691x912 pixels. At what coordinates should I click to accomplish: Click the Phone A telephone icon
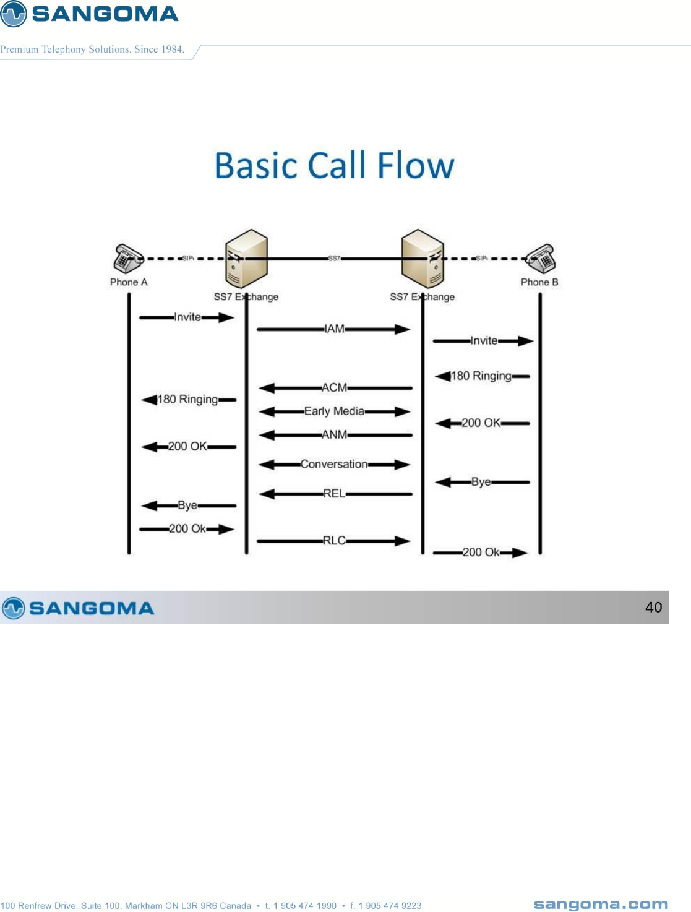[x=127, y=258]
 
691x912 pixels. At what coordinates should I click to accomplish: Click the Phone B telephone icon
[x=539, y=258]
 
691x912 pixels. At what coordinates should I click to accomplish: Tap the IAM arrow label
[x=334, y=329]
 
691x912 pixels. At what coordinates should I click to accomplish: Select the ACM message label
[x=334, y=388]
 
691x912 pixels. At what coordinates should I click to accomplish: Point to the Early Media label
[x=334, y=411]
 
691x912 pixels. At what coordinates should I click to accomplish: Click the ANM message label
[x=334, y=435]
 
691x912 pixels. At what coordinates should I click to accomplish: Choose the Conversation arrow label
[x=334, y=464]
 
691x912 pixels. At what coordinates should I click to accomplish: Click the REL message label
[x=334, y=494]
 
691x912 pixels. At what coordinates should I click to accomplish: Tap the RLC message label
[x=334, y=541]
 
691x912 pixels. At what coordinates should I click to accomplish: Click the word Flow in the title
[x=415, y=166]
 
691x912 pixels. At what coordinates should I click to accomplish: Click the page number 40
[x=653, y=607]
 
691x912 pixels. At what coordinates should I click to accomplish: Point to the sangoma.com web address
[x=601, y=905]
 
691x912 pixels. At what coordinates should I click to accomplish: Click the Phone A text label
[x=129, y=282]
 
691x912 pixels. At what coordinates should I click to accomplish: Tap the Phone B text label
[x=539, y=282]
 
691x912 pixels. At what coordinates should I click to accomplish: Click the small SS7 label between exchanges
[x=334, y=259]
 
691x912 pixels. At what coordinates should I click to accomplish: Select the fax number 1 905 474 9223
[x=390, y=906]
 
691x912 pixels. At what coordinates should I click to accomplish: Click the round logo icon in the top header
[x=14, y=14]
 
